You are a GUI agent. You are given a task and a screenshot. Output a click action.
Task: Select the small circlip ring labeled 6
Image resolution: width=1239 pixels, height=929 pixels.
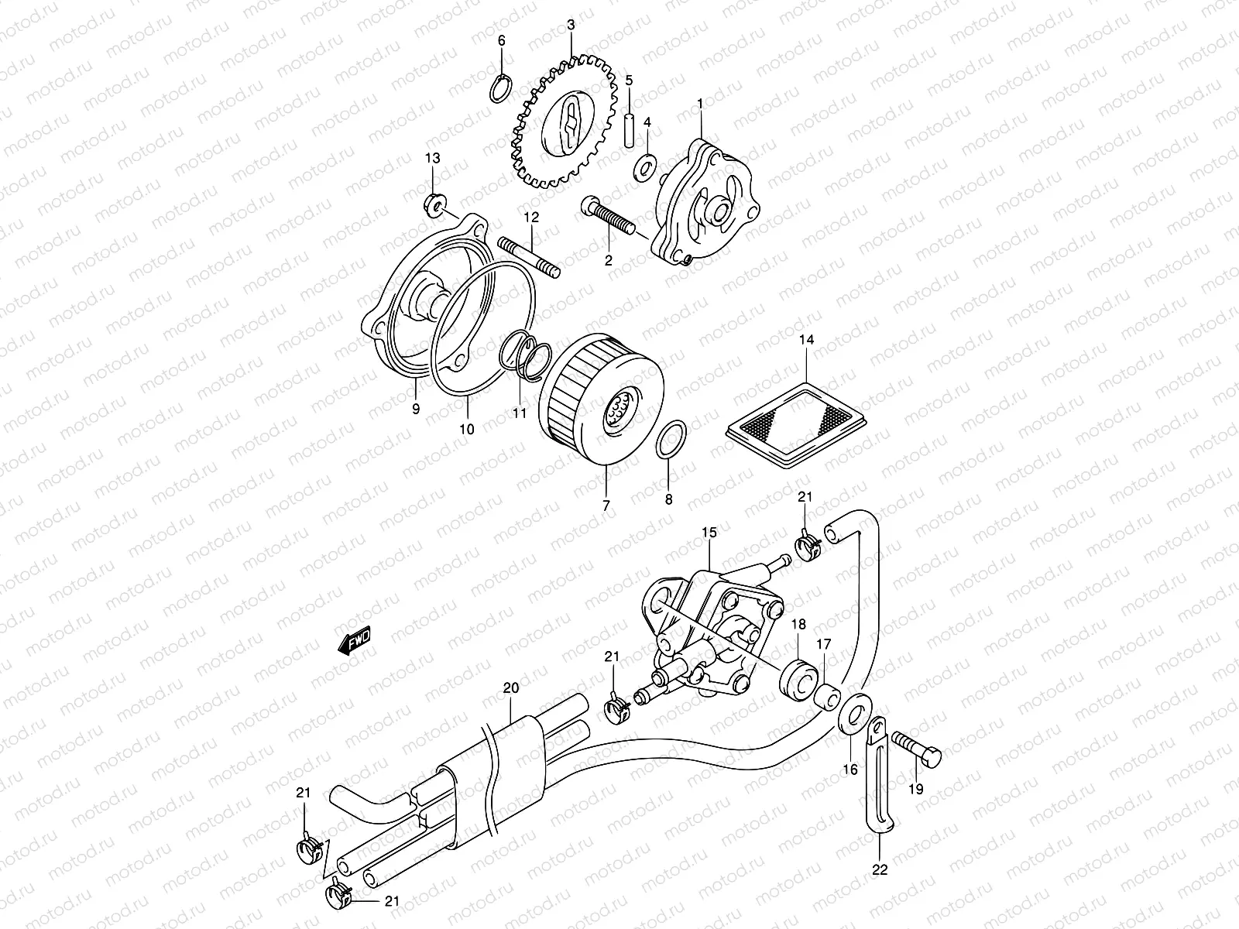click(x=500, y=87)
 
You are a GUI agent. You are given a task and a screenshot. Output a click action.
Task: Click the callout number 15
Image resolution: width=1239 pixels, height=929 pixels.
click(x=709, y=532)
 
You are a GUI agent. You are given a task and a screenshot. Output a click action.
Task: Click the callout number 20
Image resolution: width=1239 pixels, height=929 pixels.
click(x=510, y=687)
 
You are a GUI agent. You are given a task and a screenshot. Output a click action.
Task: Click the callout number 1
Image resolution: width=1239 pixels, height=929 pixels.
click(x=700, y=102)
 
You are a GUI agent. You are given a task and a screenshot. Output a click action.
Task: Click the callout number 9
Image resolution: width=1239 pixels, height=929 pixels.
click(x=416, y=409)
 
